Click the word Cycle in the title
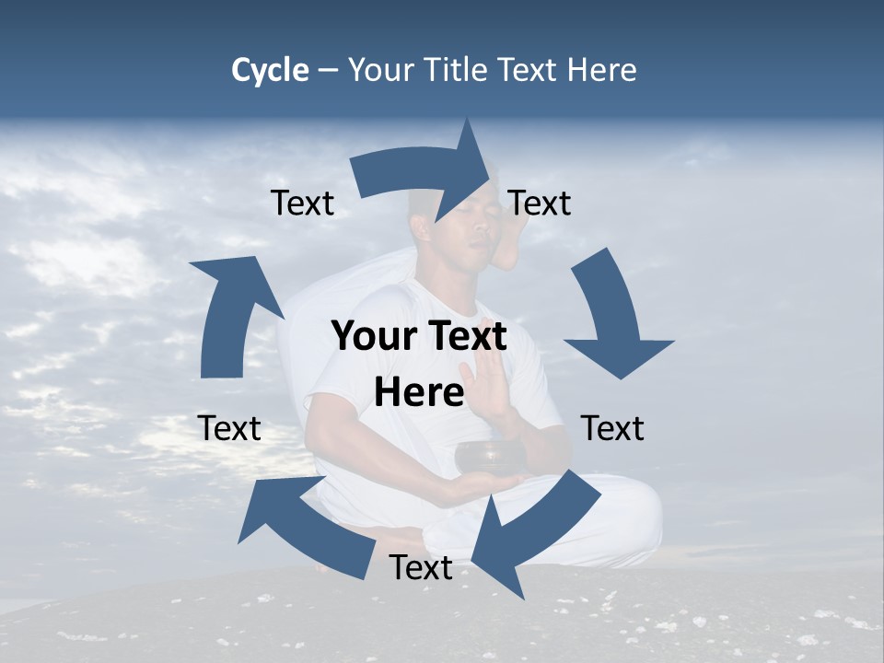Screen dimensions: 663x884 point(270,70)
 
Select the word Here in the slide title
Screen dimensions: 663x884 point(601,70)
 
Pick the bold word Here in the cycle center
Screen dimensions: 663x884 point(419,392)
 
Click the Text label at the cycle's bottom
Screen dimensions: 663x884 point(421,568)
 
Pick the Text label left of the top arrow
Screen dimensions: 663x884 point(302,203)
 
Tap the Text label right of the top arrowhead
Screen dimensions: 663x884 point(540,203)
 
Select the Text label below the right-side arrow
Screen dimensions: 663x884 point(612,428)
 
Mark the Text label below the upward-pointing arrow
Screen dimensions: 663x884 point(229,428)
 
